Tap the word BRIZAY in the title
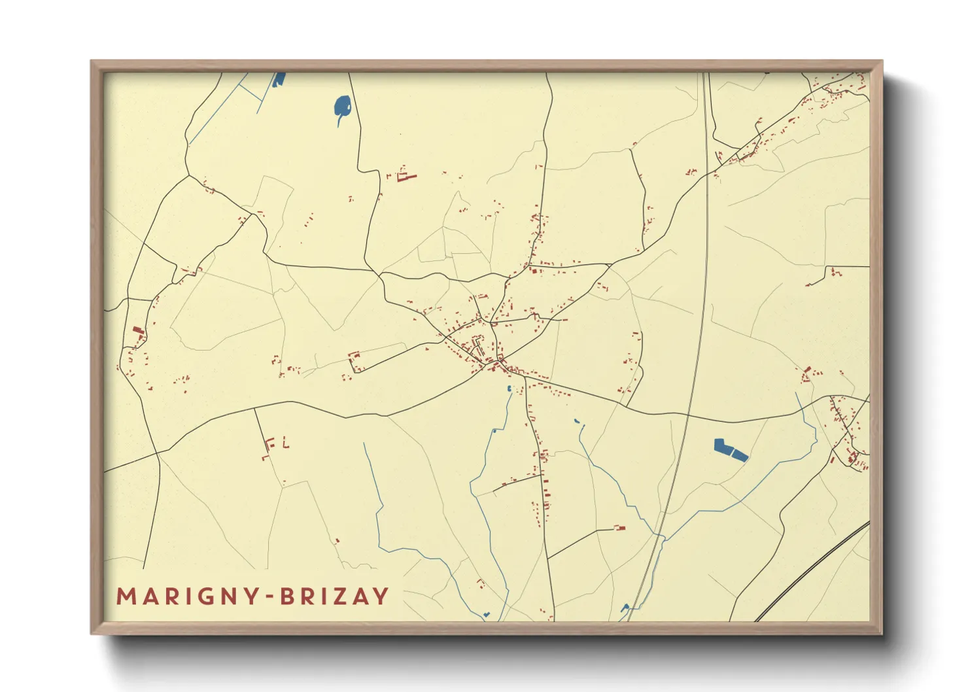[x=334, y=597]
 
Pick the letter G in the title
[x=208, y=597]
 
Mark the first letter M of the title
[x=126, y=597]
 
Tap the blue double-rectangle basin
[x=730, y=450]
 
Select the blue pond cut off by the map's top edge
[x=279, y=79]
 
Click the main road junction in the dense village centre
[x=500, y=360]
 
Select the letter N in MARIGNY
[x=229, y=597]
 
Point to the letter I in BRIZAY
[x=324, y=597]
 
